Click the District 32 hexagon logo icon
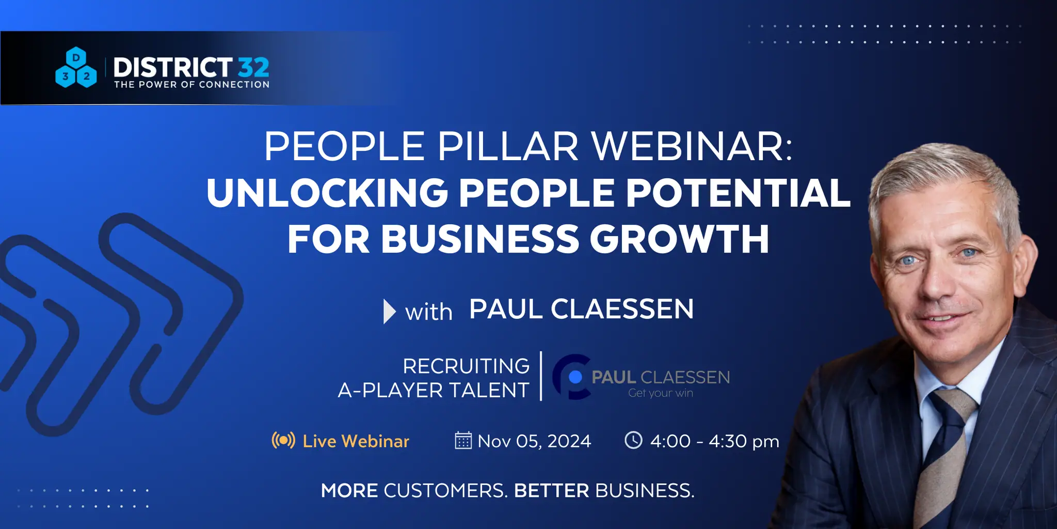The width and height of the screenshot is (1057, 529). coord(76,68)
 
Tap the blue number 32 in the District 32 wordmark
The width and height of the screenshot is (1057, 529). coord(253,67)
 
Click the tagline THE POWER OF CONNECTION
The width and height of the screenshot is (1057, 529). coord(191,84)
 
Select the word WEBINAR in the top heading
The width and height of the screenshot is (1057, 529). coord(692,147)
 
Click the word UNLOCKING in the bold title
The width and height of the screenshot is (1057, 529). coord(327,193)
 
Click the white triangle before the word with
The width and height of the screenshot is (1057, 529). coord(389,312)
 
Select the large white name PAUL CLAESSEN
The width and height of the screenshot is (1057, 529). coord(581,309)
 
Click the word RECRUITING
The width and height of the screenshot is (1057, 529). coord(466,366)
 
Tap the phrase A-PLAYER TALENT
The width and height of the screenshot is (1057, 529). coord(434,390)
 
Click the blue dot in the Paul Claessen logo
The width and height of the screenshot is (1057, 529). coord(575,377)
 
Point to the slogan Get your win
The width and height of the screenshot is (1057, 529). coord(661,393)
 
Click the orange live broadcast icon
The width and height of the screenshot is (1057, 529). coord(283,441)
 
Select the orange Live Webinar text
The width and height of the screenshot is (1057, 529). coord(356,441)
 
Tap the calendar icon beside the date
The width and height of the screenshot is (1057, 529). coord(463,440)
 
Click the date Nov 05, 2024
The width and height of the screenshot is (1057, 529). coord(534,441)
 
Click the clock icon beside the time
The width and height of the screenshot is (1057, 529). coord(633,440)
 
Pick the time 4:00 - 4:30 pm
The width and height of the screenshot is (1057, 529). coord(715,441)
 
